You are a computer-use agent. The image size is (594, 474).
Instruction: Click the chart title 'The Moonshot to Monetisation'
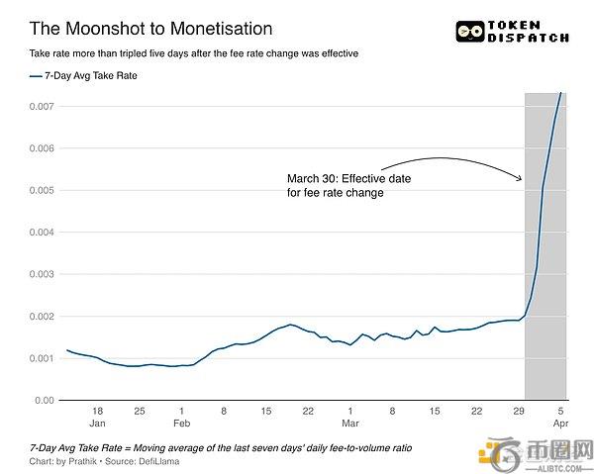149,30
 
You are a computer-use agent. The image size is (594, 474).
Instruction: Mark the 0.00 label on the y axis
43,400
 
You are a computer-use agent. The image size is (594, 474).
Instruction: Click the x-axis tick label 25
140,410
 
